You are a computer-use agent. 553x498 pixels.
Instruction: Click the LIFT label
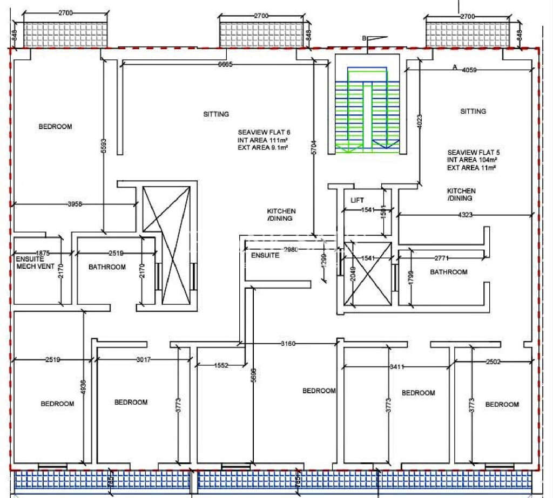tap(358, 200)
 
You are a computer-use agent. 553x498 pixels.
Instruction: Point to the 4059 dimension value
tap(470, 69)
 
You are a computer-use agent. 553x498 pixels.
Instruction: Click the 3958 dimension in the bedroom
tap(76, 204)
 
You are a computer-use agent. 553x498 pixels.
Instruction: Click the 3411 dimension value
tap(396, 367)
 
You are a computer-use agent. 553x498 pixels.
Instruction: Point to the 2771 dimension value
tap(442, 258)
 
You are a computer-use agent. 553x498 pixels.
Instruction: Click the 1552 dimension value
tap(221, 365)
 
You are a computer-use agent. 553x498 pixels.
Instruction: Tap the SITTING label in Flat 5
tap(473, 111)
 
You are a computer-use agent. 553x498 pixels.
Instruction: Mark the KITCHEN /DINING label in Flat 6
tap(281, 215)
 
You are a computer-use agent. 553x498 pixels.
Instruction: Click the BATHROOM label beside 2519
tap(107, 267)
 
